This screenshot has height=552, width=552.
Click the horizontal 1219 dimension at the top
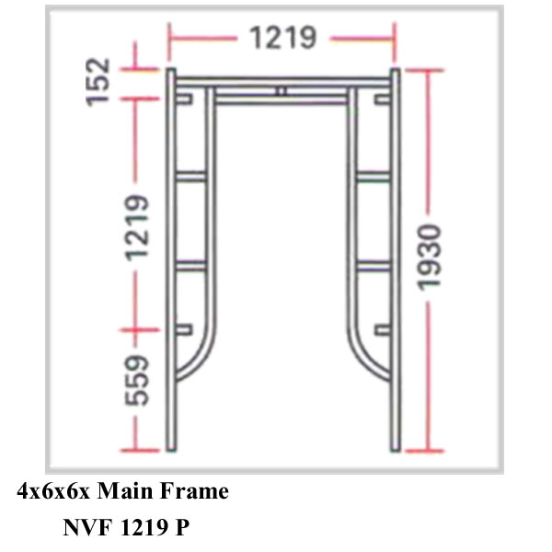point(282,38)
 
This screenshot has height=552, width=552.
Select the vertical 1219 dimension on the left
point(138,226)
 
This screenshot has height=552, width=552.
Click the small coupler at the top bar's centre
point(282,91)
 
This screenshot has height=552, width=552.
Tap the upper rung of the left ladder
point(191,176)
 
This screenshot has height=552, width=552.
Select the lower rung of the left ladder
point(191,266)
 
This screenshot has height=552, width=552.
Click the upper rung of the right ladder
point(372,176)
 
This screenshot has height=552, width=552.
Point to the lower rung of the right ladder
point(372,266)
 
